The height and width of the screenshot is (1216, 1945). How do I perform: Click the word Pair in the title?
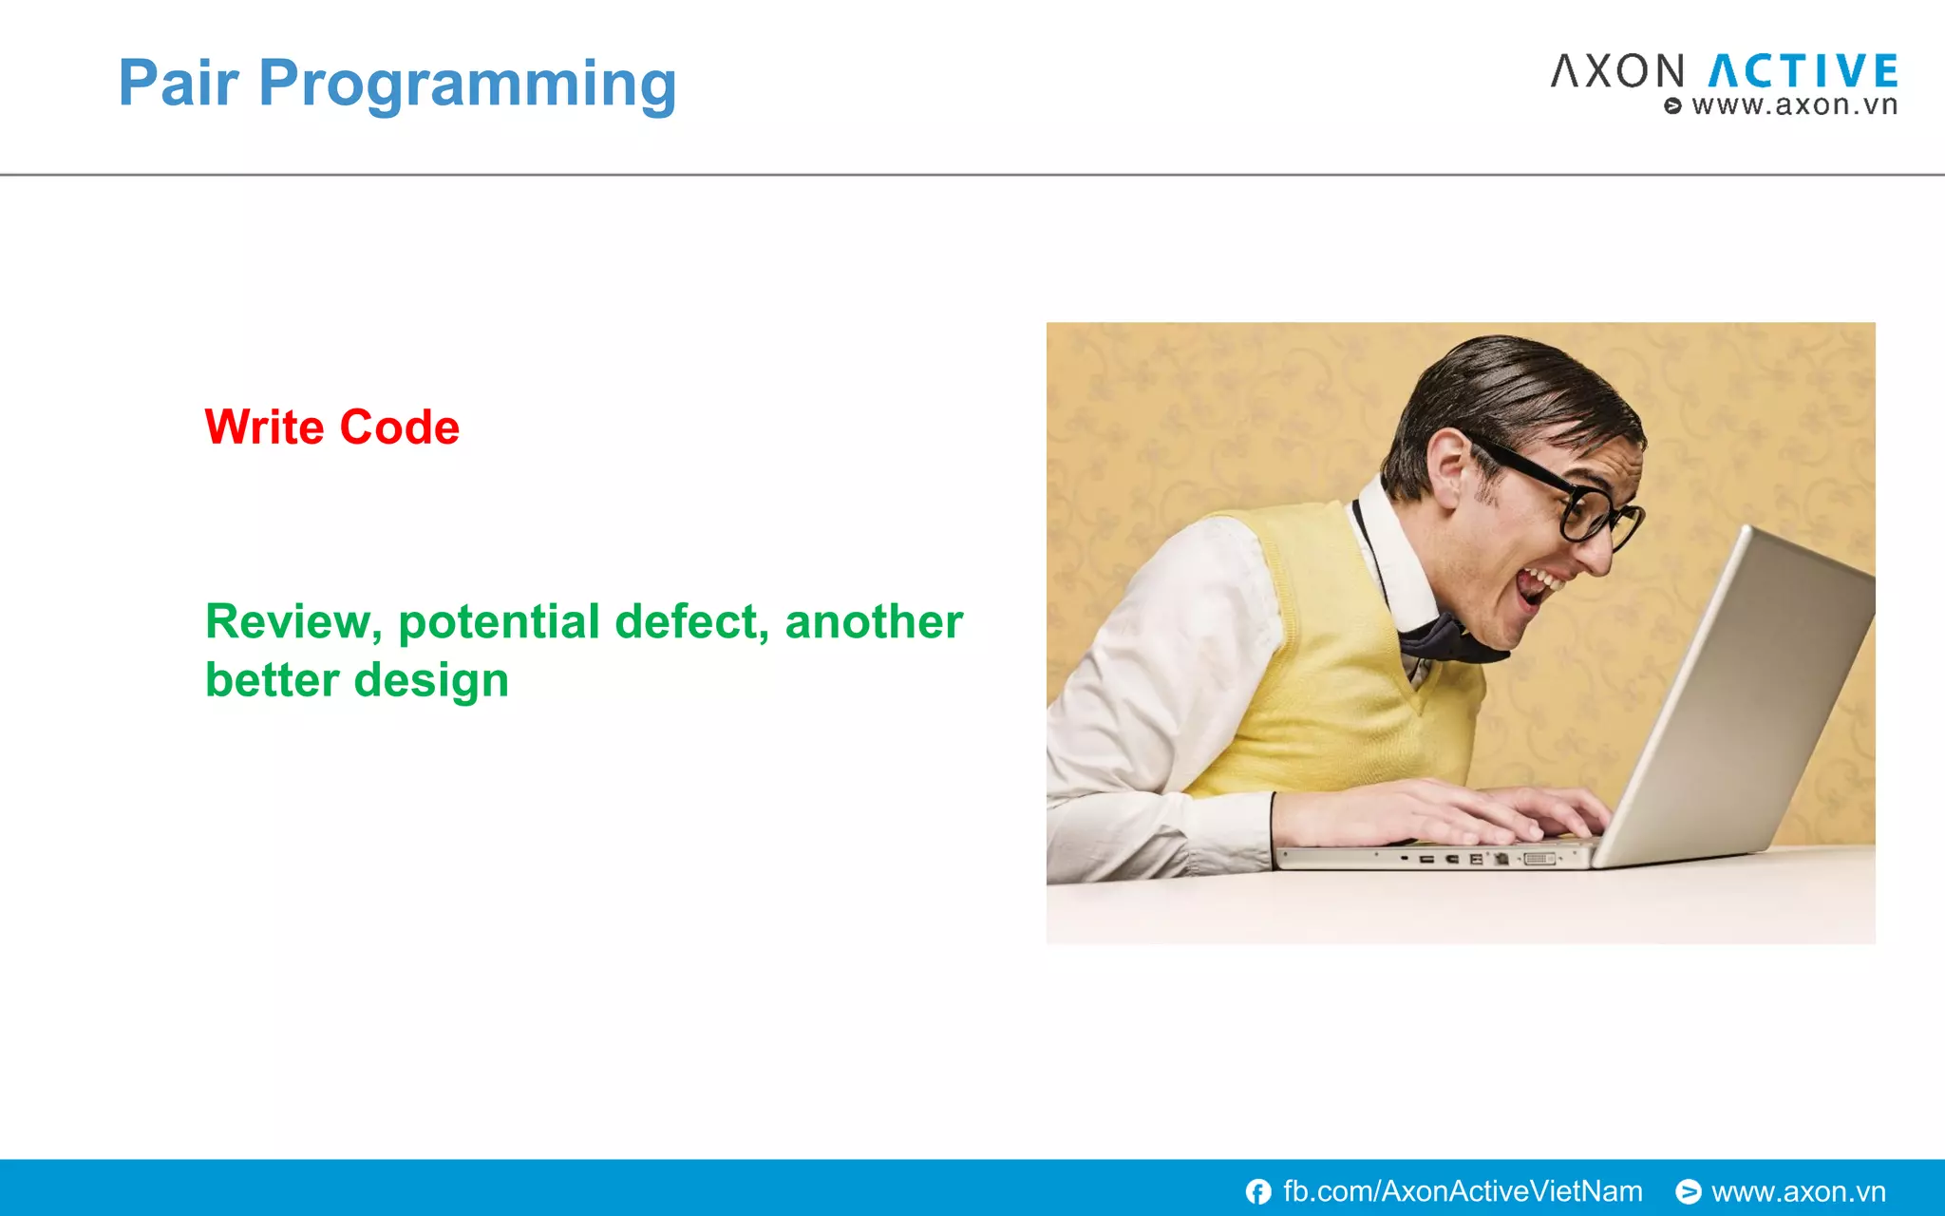178,84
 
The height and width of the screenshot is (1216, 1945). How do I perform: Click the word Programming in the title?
467,85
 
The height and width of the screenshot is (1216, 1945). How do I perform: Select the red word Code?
399,427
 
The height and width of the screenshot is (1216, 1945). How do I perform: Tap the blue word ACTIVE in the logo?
1803,72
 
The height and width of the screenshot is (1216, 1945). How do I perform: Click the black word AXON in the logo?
1618,72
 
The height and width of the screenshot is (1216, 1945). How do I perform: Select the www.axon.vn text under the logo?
1793,105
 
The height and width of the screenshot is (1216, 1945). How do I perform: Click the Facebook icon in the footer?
1258,1191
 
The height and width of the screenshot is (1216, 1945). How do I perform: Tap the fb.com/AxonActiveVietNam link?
1462,1191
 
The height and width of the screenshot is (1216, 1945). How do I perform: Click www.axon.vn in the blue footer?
1798,1191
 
